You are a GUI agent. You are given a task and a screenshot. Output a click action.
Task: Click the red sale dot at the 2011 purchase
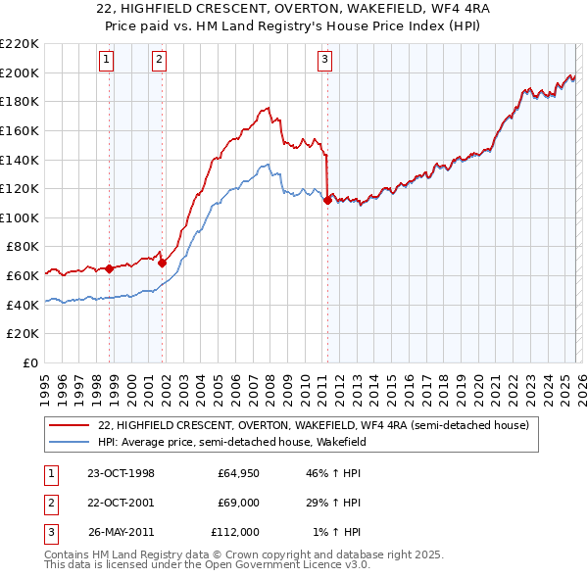[x=326, y=200]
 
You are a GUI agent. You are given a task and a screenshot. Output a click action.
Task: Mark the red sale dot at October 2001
[x=162, y=263]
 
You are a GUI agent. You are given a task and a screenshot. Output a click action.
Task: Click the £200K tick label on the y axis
[x=20, y=72]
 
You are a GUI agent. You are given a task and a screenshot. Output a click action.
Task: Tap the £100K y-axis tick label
[x=20, y=217]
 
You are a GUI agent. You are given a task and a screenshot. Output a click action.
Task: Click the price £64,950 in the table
[x=238, y=473]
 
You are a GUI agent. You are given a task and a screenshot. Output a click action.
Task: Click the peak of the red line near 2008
[x=268, y=107]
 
